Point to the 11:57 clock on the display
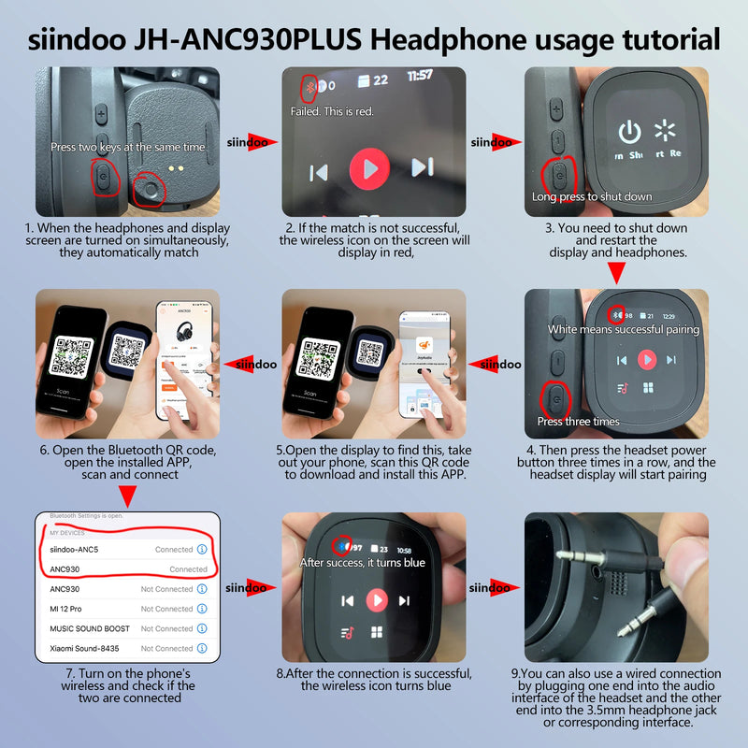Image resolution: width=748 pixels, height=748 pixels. pos(420,75)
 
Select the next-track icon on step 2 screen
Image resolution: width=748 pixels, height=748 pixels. pos(423,168)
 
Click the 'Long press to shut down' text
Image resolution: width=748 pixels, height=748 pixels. pos(592,196)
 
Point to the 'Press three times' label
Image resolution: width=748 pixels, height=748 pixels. pos(578,421)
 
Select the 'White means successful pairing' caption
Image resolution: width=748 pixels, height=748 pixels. pos(624,329)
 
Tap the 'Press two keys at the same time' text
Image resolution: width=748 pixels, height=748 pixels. pos(128,147)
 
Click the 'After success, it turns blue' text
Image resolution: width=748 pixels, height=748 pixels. pos(362,563)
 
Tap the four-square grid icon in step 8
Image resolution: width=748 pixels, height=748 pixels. pos(377,632)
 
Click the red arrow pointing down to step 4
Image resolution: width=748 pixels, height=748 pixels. pos(616,273)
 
